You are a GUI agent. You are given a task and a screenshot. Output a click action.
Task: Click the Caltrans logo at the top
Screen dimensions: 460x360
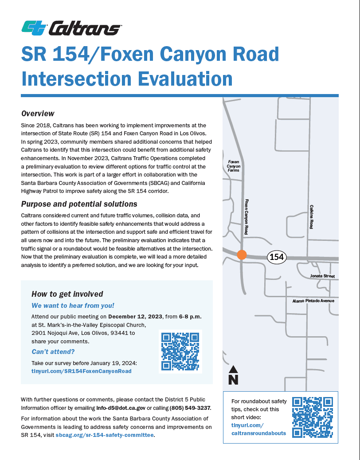click(71, 28)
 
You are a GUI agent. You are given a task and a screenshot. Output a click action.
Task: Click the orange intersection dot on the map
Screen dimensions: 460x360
click(242, 255)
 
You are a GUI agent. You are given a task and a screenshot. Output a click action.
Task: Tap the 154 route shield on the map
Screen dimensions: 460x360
click(277, 256)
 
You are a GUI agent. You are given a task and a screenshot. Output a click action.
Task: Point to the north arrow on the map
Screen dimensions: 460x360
click(233, 375)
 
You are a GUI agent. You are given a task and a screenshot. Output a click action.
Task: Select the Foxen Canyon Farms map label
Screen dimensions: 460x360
click(234, 166)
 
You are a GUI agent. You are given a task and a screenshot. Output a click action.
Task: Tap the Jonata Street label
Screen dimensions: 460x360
click(322, 276)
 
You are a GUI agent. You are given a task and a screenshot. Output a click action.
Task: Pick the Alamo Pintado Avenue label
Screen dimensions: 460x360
click(313, 301)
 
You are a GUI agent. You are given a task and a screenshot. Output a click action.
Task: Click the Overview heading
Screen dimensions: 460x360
click(38, 114)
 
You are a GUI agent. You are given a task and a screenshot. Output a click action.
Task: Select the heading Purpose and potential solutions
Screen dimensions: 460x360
click(79, 204)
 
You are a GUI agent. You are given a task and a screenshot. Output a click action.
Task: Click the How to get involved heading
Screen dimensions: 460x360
click(67, 294)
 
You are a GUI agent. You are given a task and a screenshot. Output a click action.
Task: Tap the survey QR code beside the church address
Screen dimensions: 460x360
click(180, 351)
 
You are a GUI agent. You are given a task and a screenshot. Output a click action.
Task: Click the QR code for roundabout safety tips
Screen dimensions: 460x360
click(312, 417)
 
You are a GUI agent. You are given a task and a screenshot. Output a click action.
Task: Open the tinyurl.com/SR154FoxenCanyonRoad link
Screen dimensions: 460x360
click(82, 371)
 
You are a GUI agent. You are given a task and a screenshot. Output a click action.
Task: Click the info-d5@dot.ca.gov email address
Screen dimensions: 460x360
click(121, 408)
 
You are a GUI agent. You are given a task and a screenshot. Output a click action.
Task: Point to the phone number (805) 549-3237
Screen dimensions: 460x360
click(190, 408)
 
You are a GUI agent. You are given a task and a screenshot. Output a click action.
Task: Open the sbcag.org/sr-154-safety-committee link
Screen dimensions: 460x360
click(105, 435)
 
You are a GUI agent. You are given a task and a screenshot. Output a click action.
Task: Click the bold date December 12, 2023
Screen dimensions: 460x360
click(136, 316)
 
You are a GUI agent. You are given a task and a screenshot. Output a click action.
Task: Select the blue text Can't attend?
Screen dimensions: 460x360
click(53, 352)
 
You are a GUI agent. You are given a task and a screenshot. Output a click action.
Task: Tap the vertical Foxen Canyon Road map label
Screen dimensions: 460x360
click(246, 216)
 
